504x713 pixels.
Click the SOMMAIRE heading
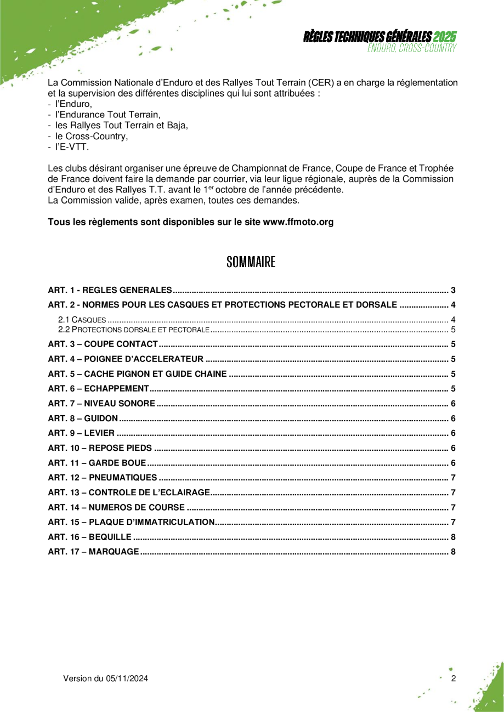click(251, 262)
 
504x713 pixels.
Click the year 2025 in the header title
click(444, 37)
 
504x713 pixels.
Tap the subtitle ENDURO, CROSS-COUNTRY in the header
click(412, 48)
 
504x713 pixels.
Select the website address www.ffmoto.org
click(298, 222)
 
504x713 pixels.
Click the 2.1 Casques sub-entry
click(82, 320)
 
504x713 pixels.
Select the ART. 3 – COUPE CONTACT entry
click(104, 344)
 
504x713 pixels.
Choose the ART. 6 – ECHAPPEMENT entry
click(99, 389)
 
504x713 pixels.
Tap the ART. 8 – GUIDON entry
click(83, 418)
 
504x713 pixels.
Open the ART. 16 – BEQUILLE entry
click(90, 536)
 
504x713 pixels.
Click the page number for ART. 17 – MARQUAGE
click(454, 551)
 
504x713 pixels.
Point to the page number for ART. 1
click(454, 290)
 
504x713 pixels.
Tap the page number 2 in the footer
click(454, 678)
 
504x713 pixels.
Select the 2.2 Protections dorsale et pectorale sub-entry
click(134, 330)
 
